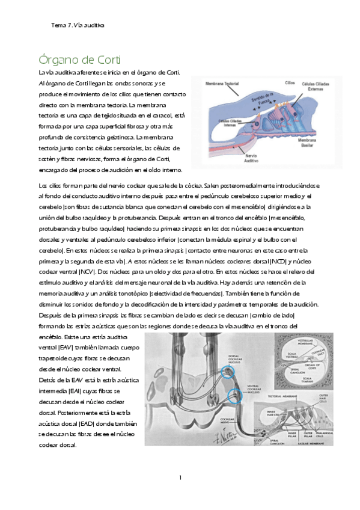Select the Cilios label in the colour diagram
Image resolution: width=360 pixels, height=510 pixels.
pos(290,81)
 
